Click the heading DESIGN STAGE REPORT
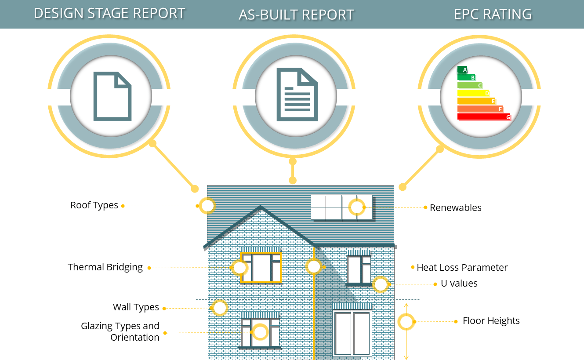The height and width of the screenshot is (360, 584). pyautogui.click(x=109, y=13)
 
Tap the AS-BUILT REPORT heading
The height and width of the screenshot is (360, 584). pyautogui.click(x=296, y=15)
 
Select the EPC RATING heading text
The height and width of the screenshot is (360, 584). pyautogui.click(x=493, y=14)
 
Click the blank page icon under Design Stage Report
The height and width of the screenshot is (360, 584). pyautogui.click(x=112, y=96)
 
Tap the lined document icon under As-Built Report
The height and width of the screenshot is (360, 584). pyautogui.click(x=297, y=95)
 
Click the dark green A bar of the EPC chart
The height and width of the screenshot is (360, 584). pyautogui.click(x=462, y=69)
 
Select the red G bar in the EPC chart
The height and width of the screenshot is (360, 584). pyautogui.click(x=483, y=117)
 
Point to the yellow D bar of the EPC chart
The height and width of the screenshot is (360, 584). pyautogui.click(x=473, y=93)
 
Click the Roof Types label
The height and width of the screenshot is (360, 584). pyautogui.click(x=94, y=205)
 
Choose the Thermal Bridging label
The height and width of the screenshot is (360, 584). pyautogui.click(x=105, y=267)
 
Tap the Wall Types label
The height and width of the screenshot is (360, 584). pyautogui.click(x=136, y=307)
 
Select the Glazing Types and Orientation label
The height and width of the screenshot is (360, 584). pyautogui.click(x=120, y=332)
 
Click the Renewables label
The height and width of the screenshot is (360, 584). pyautogui.click(x=456, y=208)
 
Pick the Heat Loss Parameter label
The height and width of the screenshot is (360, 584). pyautogui.click(x=462, y=267)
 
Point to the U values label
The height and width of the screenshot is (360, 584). pyautogui.click(x=459, y=284)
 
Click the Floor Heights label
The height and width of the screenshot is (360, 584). pyautogui.click(x=491, y=321)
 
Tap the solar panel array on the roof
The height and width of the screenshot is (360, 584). pyautogui.click(x=341, y=207)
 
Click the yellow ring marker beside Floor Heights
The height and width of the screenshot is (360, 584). pyautogui.click(x=406, y=322)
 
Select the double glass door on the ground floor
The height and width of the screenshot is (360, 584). pyautogui.click(x=352, y=333)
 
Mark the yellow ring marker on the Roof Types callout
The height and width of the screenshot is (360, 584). pyautogui.click(x=207, y=206)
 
